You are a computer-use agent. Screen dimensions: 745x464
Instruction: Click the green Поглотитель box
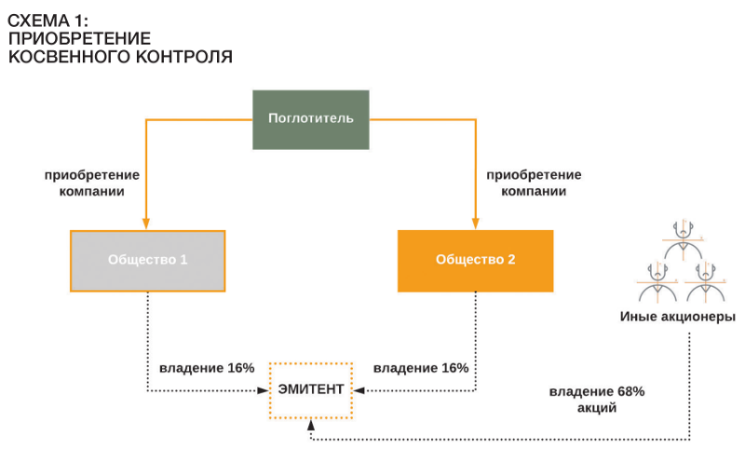[x=311, y=120]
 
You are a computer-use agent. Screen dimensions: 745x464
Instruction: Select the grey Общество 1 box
[x=148, y=261]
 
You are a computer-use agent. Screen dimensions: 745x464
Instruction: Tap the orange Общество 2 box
[x=476, y=261]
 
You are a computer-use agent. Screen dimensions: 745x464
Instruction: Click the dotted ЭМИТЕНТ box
[x=311, y=390]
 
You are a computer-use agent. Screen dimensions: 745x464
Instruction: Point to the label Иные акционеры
[x=678, y=317]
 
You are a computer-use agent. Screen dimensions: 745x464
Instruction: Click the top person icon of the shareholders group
[x=684, y=240]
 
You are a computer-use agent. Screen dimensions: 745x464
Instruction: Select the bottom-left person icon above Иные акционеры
[x=657, y=282]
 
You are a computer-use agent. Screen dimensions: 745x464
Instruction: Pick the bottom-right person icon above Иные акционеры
[x=706, y=282]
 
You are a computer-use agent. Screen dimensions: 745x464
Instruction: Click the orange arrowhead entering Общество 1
[x=146, y=224]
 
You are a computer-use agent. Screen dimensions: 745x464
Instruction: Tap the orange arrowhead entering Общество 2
[x=475, y=224]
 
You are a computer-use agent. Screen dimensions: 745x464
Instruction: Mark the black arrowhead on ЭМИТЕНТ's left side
[x=263, y=390]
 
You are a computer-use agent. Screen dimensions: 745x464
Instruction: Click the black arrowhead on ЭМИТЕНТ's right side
[x=359, y=390]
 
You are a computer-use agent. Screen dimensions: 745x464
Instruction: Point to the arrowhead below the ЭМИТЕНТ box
[x=311, y=425]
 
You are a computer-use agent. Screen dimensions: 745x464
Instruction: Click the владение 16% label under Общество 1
[x=207, y=368]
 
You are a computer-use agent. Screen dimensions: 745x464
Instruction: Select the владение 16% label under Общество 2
[x=421, y=368]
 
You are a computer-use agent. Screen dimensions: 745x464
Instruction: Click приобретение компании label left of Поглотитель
[x=91, y=184]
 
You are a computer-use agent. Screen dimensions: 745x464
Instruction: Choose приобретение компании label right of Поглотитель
[x=534, y=184]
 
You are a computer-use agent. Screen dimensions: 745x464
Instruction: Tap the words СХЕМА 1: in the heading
[x=48, y=20]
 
